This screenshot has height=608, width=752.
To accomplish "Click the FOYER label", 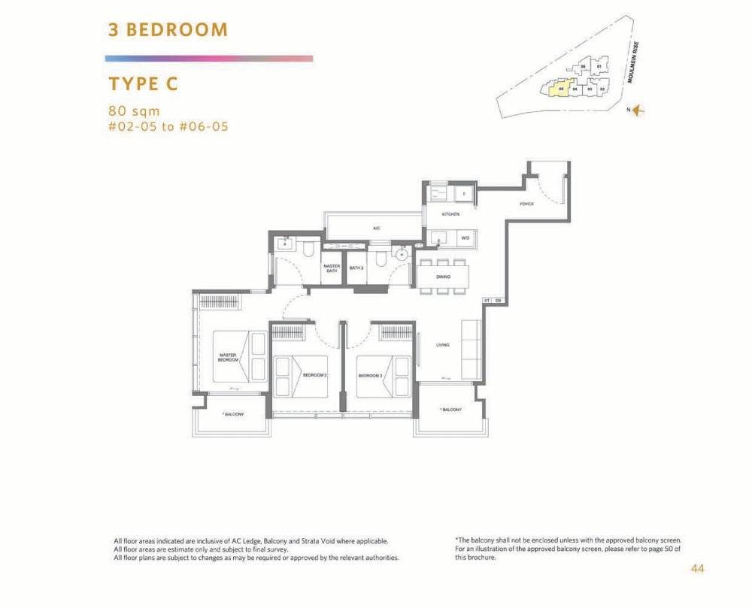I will [526, 204].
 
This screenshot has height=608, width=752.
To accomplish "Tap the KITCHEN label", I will [450, 214].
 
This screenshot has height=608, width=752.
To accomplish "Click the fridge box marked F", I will [464, 194].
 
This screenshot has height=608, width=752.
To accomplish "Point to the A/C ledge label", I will [375, 227].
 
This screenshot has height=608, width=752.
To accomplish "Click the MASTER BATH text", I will [331, 268].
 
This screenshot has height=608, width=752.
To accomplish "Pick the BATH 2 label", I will [356, 268].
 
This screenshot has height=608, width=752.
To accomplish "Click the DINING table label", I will [443, 277].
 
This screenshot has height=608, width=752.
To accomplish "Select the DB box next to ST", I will [498, 301].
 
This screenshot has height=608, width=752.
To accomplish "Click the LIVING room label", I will [442, 345].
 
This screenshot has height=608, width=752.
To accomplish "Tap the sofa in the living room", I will [472, 350].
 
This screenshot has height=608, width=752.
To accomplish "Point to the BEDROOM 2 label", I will [314, 374].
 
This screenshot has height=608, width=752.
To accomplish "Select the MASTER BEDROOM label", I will [228, 357].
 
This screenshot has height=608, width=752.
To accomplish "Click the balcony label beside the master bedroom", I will [233, 414].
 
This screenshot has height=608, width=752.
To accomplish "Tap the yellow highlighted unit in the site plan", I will [556, 90].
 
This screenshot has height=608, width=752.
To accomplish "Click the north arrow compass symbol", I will [638, 110].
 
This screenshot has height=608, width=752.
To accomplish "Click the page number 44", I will [697, 569].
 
